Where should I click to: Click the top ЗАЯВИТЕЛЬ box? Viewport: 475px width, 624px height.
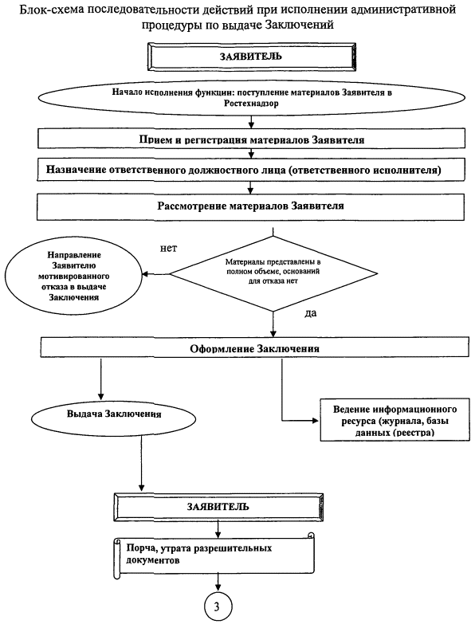251,57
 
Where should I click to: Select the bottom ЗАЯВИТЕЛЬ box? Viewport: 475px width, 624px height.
218,507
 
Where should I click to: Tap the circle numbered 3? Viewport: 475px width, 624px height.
218,606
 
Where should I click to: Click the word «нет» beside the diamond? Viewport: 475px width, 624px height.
168,249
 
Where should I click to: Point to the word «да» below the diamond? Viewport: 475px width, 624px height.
310,313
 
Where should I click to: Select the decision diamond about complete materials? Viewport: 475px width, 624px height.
273,273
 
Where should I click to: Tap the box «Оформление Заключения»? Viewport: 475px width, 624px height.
254,347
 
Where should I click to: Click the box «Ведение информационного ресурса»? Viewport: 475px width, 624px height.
395,420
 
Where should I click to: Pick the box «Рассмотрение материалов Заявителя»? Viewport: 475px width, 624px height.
250,206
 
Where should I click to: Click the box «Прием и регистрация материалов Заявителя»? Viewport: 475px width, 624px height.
251,138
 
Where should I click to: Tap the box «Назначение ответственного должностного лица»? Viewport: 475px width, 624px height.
251,170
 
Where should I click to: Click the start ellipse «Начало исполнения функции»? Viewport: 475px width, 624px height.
252,98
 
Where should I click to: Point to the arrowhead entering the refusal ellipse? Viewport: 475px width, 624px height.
145,274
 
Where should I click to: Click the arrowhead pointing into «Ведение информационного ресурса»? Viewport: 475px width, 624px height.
316,420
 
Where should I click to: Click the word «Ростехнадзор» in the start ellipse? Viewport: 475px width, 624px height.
251,104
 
